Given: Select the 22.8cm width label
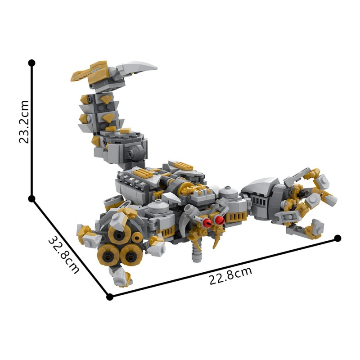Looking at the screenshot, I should point(230,276).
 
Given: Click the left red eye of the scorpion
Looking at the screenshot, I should point(208,222).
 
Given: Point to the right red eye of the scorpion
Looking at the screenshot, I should point(220,220).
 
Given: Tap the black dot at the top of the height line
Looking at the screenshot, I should point(31,63).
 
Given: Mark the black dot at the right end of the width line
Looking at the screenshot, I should point(338,238).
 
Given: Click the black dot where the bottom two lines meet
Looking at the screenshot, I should point(109,297).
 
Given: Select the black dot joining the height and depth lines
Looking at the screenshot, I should point(31,198).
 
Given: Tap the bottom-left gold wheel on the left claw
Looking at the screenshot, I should point(108,256).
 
